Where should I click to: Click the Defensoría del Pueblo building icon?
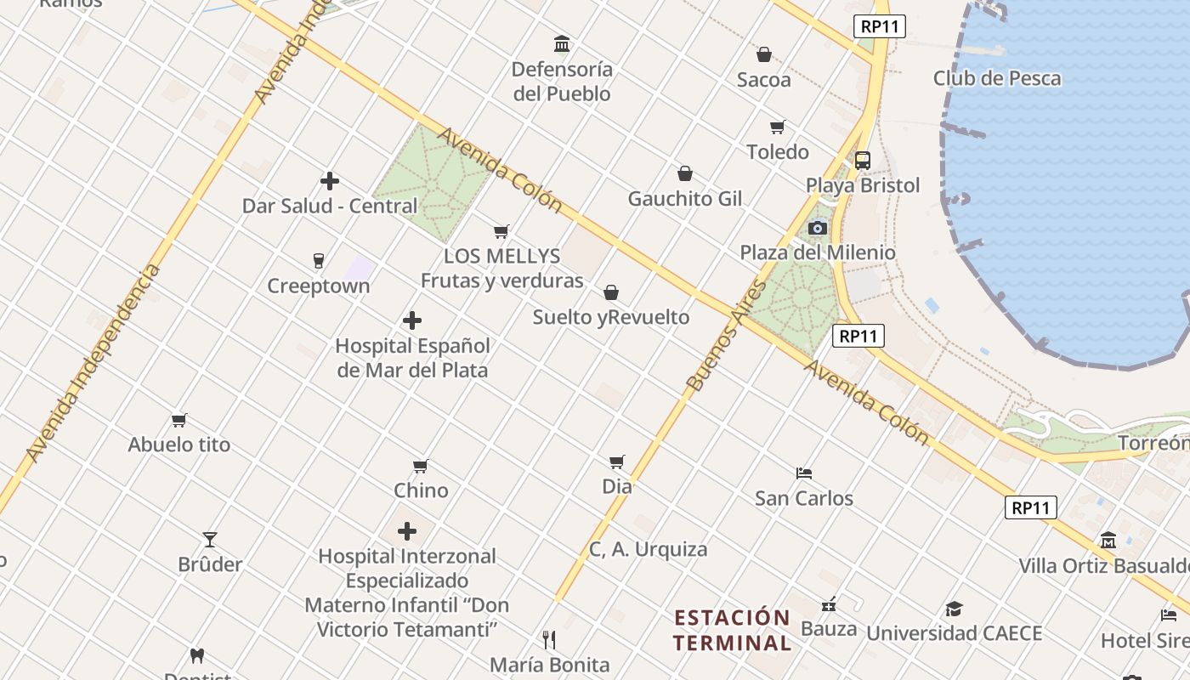coord(562,44)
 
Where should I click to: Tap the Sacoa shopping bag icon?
coord(764,55)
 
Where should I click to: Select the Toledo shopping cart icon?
coord(777,127)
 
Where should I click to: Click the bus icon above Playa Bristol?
coord(863,160)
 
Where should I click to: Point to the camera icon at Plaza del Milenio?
coord(817,228)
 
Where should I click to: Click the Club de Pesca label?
coord(997,78)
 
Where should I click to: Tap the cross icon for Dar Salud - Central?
coord(330,181)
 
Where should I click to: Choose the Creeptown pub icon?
coord(319,260)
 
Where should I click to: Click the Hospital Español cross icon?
coord(412,320)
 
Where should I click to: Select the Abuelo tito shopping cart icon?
coord(178,420)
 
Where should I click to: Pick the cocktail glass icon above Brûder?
coord(210,539)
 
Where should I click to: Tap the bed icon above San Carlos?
coord(804,473)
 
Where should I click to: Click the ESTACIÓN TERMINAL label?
coord(732,629)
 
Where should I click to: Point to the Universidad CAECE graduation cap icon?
coord(954,609)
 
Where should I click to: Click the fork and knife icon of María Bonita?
coord(549,639)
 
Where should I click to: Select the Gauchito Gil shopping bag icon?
coord(685,174)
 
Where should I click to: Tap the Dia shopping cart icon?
coord(616,462)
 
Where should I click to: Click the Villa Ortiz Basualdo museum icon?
coord(1108,540)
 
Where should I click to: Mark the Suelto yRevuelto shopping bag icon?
coord(611,293)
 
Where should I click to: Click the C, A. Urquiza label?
coord(648,549)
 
